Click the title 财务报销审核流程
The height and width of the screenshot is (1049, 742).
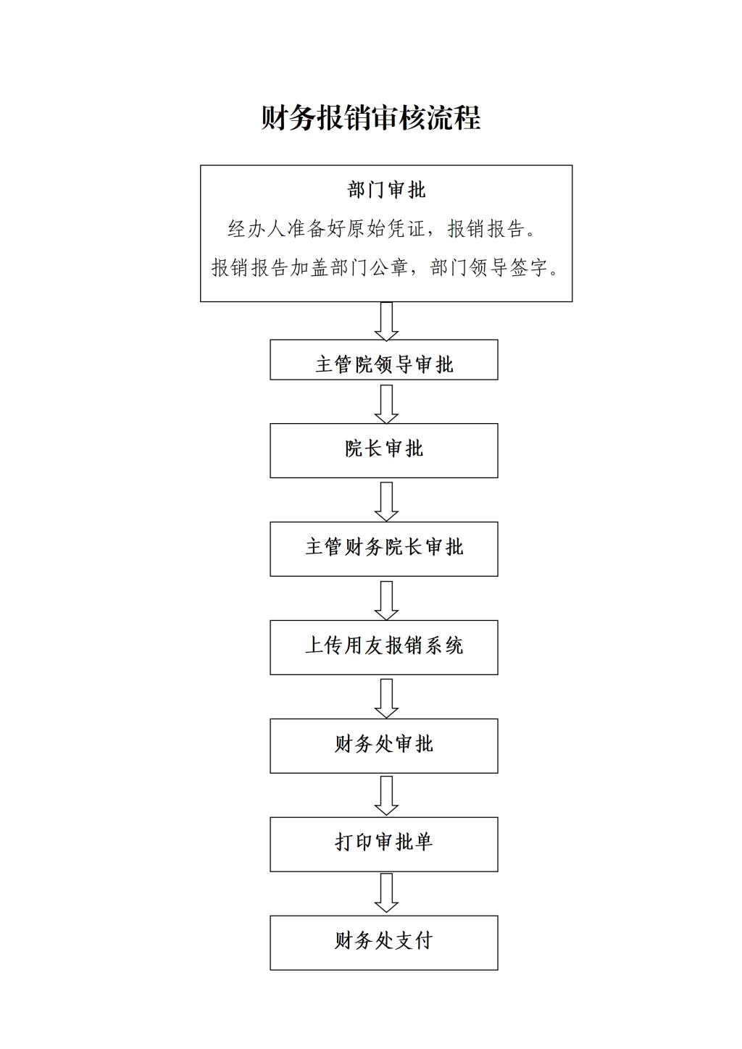click(370, 117)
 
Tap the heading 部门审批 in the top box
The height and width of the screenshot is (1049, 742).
click(386, 190)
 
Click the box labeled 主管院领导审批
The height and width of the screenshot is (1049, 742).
click(383, 359)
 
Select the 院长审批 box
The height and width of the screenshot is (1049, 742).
click(383, 451)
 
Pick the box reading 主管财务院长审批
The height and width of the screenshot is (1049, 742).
click(383, 549)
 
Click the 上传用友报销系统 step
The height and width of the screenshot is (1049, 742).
click(383, 647)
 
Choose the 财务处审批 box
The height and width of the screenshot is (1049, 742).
click(383, 745)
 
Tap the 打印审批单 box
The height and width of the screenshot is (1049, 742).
click(383, 845)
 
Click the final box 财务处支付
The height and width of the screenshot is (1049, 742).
click(383, 943)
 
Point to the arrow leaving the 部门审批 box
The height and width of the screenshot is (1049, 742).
click(386, 321)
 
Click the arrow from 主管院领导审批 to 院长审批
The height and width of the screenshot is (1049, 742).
click(386, 404)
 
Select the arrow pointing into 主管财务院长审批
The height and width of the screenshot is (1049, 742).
click(386, 501)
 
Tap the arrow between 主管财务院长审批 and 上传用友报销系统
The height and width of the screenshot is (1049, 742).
click(386, 601)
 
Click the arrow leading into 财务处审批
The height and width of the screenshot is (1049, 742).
click(386, 698)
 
